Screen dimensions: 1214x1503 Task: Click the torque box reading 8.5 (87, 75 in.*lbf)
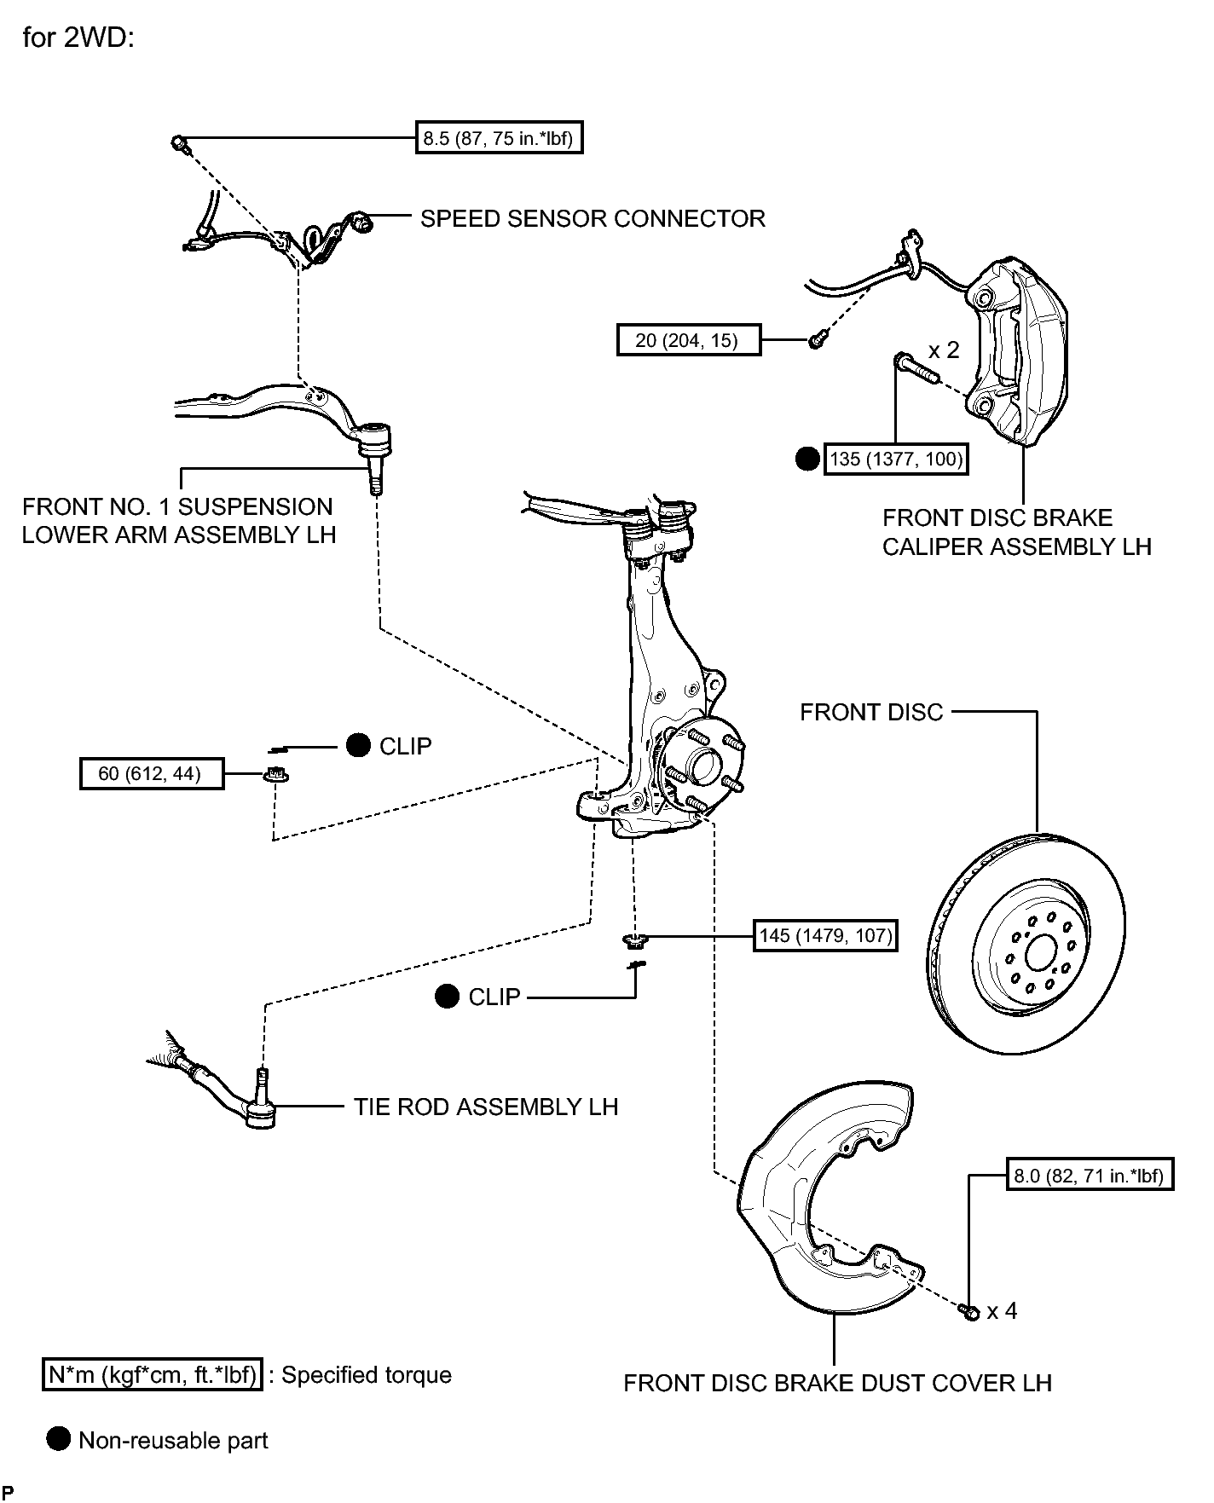click(x=500, y=138)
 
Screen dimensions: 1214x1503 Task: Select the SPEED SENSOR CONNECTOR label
click(x=593, y=219)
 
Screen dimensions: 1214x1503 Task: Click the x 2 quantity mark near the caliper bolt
click(x=944, y=350)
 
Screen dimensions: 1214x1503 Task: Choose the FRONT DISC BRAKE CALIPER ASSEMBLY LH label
click(x=1016, y=532)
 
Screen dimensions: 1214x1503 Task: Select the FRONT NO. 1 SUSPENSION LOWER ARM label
click(x=178, y=520)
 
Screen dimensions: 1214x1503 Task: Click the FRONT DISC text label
click(x=871, y=712)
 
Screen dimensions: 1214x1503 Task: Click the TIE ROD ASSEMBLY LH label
click(x=486, y=1107)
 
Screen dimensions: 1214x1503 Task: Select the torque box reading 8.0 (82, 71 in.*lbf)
click(x=1089, y=1176)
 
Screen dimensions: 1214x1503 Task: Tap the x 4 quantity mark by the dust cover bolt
click(x=1002, y=1310)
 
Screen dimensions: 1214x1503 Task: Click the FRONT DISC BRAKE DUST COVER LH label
click(x=837, y=1382)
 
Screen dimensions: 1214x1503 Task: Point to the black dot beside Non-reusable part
click(x=59, y=1440)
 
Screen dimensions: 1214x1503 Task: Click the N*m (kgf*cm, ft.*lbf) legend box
click(x=153, y=1375)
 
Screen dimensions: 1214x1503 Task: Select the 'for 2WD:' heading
click(x=78, y=38)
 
